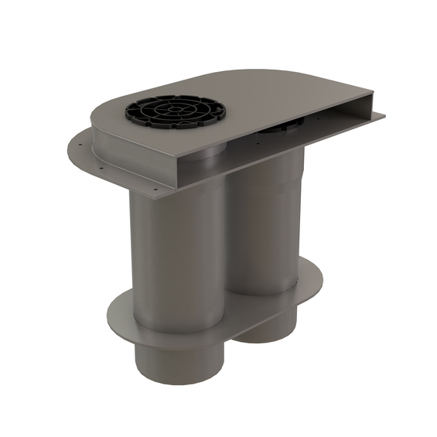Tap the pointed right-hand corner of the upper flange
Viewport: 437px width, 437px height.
point(383,117)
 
